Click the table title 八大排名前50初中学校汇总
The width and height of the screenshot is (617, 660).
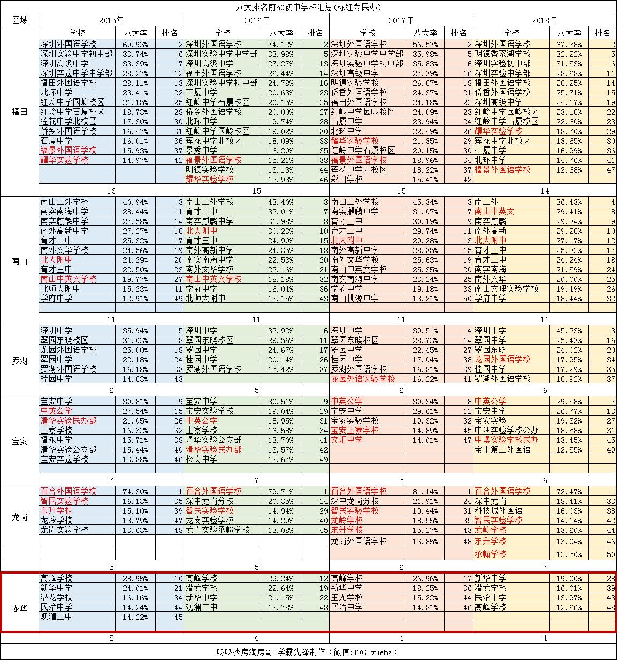(308, 6)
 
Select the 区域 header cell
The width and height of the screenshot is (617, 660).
(19, 20)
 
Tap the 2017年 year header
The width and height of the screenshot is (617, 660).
(401, 20)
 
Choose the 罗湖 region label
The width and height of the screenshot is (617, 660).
(19, 360)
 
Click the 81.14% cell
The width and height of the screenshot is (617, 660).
(426, 491)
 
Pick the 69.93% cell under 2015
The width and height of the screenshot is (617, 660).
(136, 44)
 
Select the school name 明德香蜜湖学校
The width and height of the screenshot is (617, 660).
(502, 54)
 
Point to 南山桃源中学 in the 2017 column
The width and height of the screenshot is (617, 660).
(354, 298)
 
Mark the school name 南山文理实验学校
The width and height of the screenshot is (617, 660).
(507, 288)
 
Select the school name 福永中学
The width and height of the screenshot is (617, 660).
(56, 440)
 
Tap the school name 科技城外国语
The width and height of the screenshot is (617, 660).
(499, 510)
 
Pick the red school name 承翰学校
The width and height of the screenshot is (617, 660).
(490, 554)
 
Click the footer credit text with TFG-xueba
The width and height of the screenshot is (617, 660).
(308, 652)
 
